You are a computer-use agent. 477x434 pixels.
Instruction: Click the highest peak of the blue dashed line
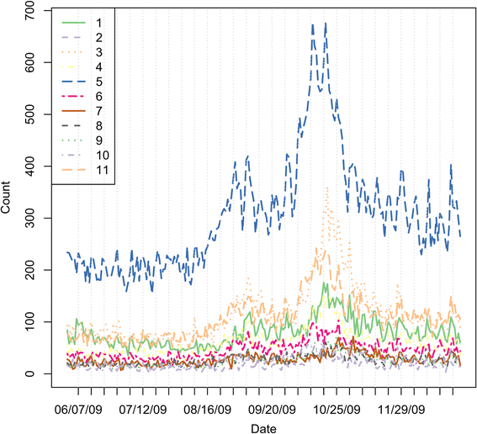[x=326, y=24]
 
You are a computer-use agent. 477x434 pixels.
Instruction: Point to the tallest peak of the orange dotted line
[x=326, y=188]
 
